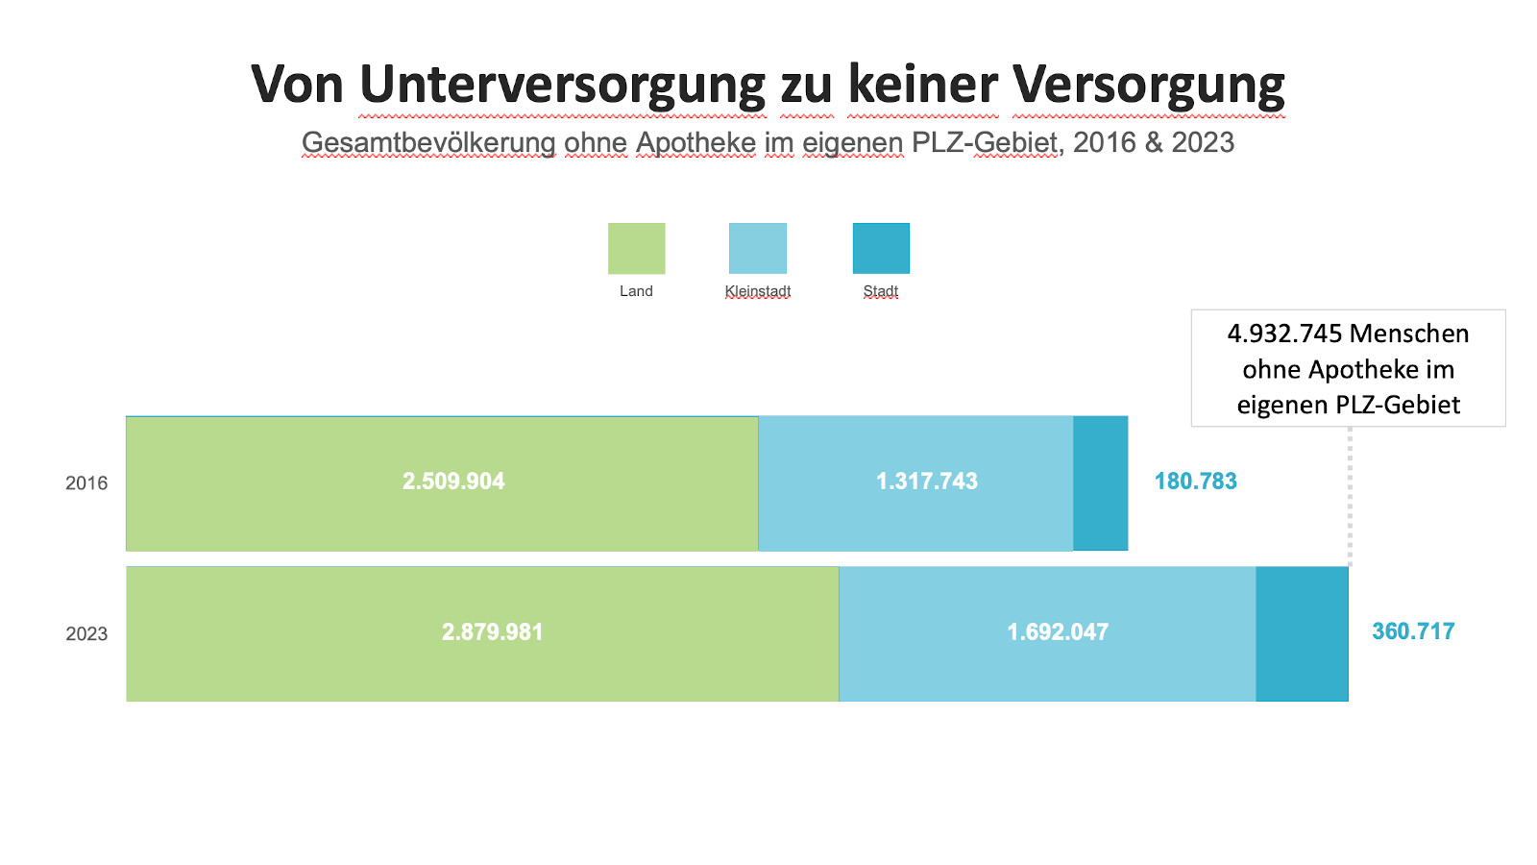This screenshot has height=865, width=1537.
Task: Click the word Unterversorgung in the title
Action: (562, 85)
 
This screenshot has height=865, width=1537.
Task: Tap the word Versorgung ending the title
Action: (1149, 85)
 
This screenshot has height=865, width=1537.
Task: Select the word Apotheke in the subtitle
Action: (695, 142)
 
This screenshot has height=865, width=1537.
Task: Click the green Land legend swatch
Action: (636, 249)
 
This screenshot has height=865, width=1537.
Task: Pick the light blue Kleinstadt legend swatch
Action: (758, 249)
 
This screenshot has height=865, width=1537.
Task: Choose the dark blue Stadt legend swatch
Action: (881, 249)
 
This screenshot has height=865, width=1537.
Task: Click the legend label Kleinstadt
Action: (758, 291)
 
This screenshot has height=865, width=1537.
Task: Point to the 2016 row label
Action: (86, 483)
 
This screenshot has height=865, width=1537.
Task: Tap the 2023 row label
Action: (86, 634)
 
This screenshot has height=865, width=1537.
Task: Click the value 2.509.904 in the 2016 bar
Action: (453, 482)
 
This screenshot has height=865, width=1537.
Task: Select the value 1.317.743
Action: (927, 482)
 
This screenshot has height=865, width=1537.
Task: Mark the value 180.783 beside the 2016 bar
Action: (1195, 482)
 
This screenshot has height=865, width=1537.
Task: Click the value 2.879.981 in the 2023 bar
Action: (492, 632)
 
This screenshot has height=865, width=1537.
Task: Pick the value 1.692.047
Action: (1058, 632)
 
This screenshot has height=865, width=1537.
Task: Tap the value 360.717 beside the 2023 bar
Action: (1413, 631)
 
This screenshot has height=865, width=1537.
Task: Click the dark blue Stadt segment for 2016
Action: (1100, 483)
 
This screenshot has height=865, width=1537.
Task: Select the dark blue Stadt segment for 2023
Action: (1302, 634)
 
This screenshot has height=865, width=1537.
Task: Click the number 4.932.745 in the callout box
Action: (1284, 334)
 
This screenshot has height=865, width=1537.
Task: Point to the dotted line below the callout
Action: (1350, 495)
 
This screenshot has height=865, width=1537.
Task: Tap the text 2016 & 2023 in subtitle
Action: (1153, 142)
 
